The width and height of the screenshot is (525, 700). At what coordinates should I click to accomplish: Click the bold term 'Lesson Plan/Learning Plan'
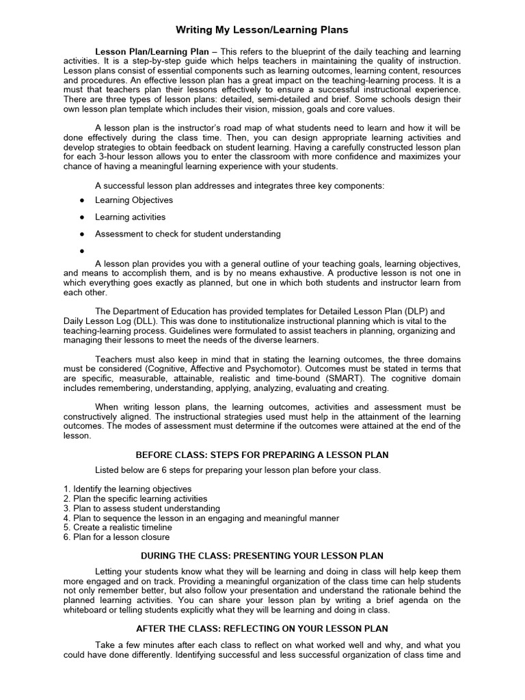click(147, 52)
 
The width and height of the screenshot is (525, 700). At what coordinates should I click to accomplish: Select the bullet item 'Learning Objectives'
click(134, 200)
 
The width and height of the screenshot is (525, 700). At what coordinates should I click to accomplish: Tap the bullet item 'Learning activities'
click(130, 217)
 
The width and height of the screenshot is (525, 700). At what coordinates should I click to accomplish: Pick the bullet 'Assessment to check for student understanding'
click(187, 234)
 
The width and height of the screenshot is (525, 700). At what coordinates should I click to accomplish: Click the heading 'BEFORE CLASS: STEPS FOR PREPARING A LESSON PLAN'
click(262, 455)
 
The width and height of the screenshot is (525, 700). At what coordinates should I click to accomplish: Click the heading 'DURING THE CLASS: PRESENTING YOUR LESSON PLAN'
click(262, 555)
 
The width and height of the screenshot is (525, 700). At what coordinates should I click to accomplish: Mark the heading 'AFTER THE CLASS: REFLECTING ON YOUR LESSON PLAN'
click(262, 628)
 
